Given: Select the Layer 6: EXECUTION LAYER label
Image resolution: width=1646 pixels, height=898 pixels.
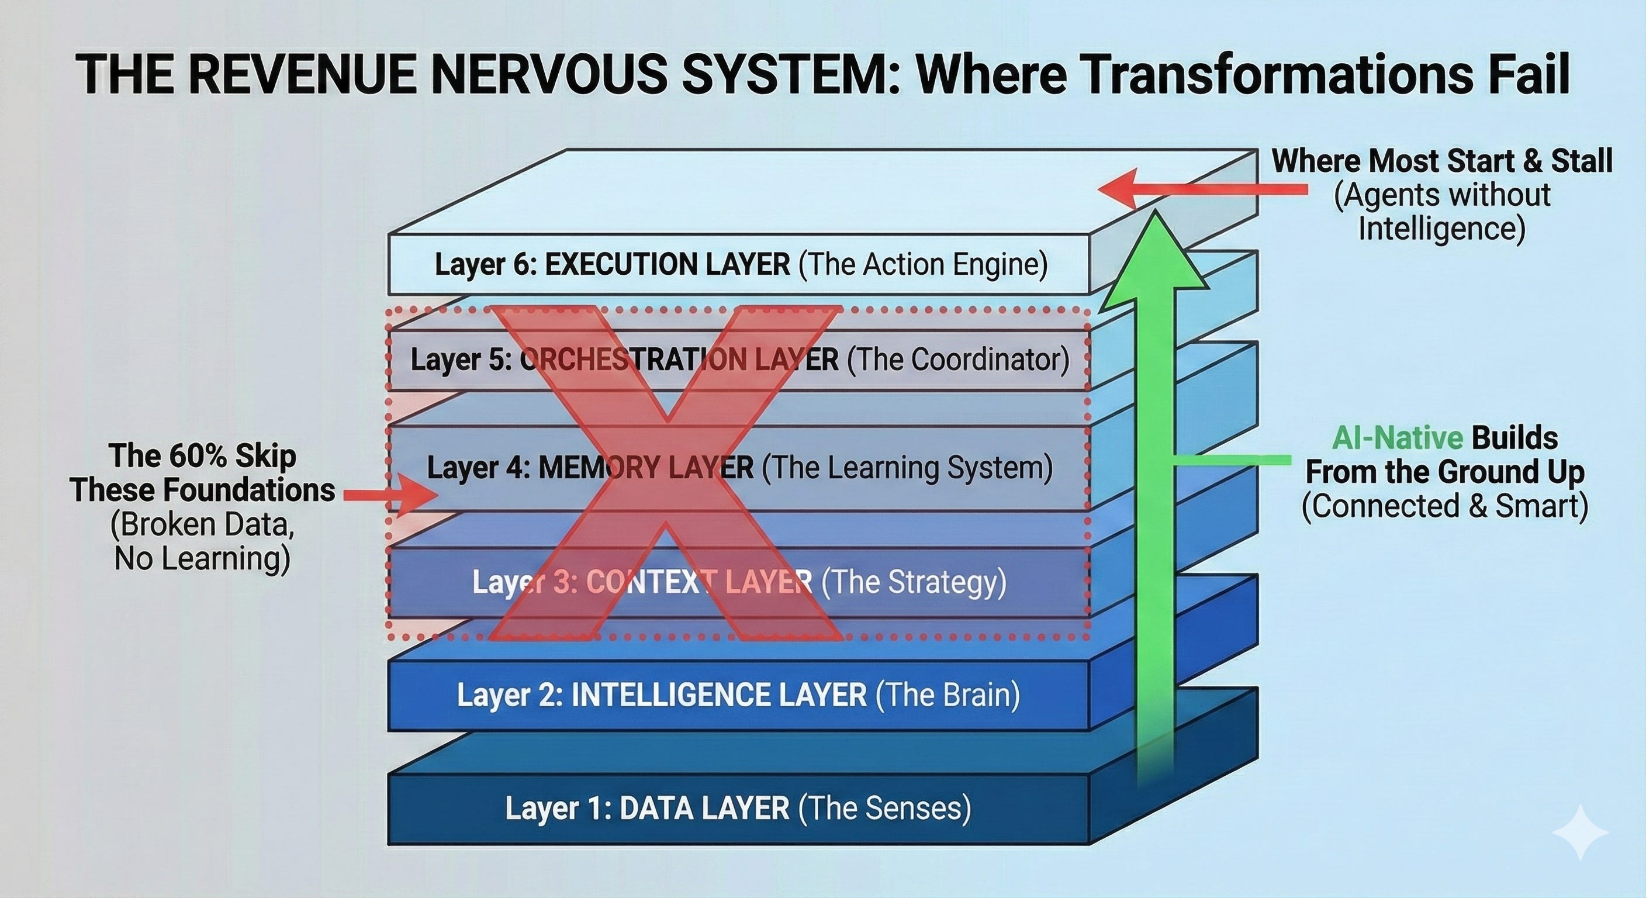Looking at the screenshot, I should pos(612,265).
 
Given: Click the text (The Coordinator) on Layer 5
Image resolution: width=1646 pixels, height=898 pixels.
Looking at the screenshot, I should pos(959,359).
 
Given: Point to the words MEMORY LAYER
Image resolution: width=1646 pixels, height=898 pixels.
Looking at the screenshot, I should pos(646,468).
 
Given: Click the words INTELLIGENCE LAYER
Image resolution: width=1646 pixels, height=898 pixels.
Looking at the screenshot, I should pos(719,695).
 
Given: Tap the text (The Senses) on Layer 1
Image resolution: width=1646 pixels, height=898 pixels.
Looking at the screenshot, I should pos(885,808).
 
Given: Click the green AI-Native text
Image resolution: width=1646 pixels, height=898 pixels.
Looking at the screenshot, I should pos(1398,438).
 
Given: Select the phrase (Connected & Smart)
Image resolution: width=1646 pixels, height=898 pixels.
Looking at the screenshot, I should pos(1446,506).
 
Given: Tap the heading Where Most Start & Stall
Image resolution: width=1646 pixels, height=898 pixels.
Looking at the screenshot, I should pos(1442,160).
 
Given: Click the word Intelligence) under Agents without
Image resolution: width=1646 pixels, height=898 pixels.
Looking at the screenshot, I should pos(1442,229).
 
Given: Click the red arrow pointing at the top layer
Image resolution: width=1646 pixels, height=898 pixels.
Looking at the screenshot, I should pos(1201,189).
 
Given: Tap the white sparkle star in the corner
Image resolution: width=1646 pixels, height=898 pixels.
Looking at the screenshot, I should pos(1580,832).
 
